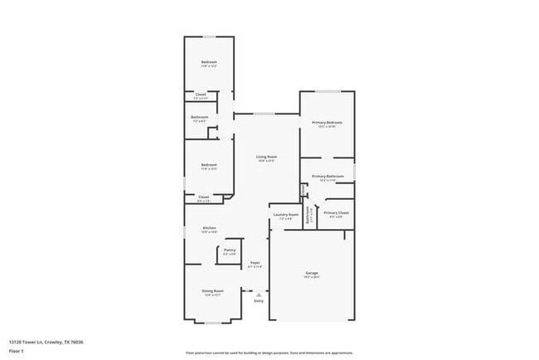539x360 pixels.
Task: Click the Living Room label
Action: (x=266, y=157)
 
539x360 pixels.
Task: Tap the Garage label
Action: (x=312, y=273)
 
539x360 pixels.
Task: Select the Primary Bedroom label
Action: (x=327, y=123)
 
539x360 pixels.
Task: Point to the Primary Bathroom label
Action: (x=328, y=176)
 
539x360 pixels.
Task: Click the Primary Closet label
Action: (x=336, y=213)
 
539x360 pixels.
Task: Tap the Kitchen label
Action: (x=209, y=228)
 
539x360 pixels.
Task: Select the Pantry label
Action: (x=230, y=250)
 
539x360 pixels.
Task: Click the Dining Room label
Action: (x=213, y=291)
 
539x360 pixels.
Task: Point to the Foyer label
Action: (x=255, y=263)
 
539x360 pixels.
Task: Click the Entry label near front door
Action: (x=259, y=301)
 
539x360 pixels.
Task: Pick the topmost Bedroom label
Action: (x=209, y=63)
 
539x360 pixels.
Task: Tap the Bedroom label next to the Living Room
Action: (x=209, y=164)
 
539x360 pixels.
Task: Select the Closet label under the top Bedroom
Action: (x=201, y=95)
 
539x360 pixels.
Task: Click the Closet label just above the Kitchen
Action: (x=203, y=197)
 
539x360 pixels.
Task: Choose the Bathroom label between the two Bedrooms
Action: (x=199, y=118)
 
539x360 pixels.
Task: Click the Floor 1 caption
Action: (x=17, y=352)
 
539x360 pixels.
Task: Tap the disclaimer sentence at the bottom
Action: (x=269, y=353)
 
